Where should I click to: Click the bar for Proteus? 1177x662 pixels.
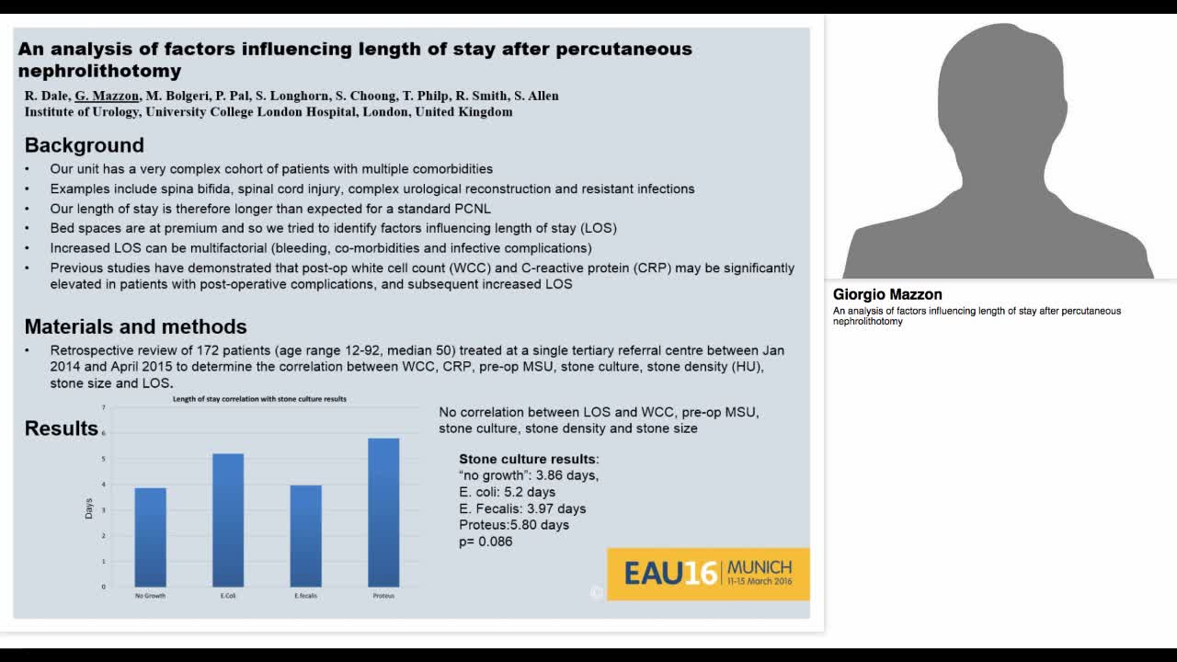[383, 512]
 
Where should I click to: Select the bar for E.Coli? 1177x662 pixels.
[228, 520]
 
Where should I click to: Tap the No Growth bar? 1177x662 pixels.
[150, 537]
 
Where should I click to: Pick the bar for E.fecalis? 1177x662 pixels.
[305, 536]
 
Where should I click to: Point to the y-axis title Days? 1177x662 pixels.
[89, 508]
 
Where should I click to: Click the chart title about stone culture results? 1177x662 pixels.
[259, 399]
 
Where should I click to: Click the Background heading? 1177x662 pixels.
[84, 145]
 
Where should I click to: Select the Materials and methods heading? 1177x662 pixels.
[135, 326]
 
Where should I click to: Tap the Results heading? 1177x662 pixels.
[61, 428]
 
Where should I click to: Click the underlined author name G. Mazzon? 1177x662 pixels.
[107, 96]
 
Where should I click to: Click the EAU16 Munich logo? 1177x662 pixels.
[708, 574]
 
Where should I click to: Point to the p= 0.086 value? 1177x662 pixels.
[486, 542]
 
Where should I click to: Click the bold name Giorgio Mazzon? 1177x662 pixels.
[887, 295]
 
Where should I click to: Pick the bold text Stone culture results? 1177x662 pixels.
[528, 459]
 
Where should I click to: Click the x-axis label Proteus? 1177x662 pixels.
[383, 596]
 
